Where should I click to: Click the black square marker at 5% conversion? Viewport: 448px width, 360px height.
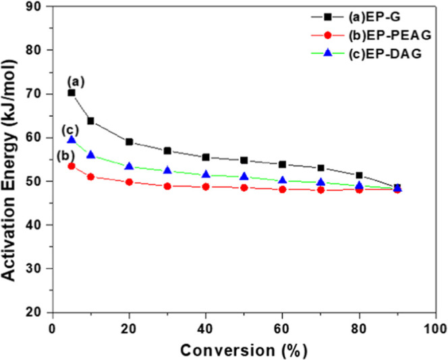point(72,93)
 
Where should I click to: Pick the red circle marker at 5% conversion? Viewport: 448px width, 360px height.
point(72,165)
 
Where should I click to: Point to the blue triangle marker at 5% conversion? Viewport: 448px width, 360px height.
point(72,139)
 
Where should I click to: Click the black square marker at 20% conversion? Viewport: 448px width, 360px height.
point(129,142)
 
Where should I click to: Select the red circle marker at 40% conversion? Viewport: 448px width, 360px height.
point(206,186)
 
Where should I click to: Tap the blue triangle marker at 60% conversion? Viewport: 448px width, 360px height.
point(283,180)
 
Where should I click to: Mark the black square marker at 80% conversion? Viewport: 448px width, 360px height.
point(359,175)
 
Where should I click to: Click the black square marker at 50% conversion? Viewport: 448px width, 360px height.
point(244,160)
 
